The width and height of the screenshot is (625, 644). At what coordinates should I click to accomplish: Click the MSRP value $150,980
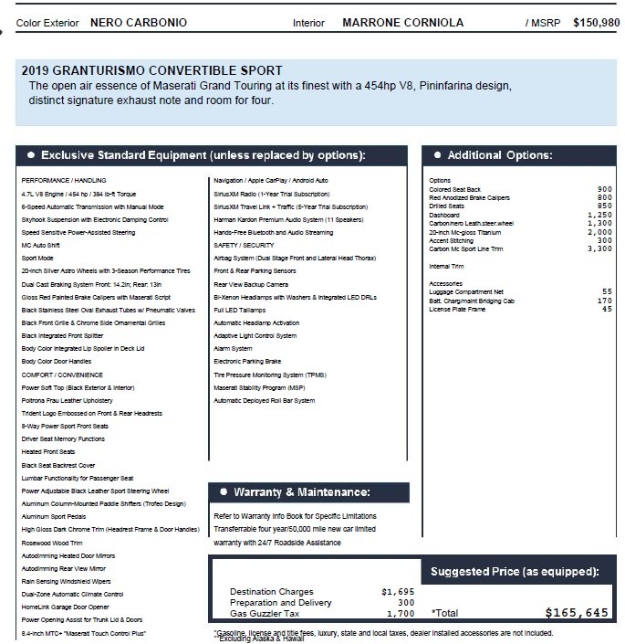596,22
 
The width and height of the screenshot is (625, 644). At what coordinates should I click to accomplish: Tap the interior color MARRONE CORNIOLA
402,23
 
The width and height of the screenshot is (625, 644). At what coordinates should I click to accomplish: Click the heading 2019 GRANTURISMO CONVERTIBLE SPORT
151,70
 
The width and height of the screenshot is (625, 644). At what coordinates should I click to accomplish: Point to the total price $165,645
576,613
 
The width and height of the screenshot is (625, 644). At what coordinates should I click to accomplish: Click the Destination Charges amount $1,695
397,592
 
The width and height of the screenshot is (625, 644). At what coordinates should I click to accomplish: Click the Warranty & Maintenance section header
302,492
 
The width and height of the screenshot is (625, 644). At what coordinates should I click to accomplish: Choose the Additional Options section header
499,155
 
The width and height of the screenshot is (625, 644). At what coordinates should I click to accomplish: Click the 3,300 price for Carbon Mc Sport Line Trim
599,248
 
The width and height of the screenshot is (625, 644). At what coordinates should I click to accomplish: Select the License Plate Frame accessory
459,310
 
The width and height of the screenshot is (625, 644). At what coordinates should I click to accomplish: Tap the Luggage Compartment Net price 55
607,291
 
